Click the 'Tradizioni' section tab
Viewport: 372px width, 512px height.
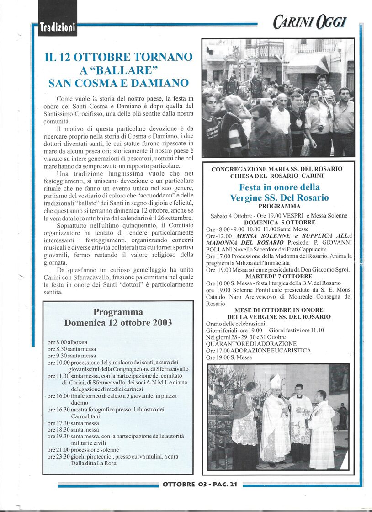(57, 27)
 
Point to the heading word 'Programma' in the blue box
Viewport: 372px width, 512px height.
(118, 312)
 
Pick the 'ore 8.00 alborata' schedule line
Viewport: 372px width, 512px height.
(68, 342)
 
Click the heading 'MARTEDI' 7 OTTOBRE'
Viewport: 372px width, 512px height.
(279, 277)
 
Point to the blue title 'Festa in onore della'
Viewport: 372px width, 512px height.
(279, 187)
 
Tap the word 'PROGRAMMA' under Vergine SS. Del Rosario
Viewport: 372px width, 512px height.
(279, 207)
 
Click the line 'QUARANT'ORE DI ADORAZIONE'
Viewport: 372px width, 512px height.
(251, 344)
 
